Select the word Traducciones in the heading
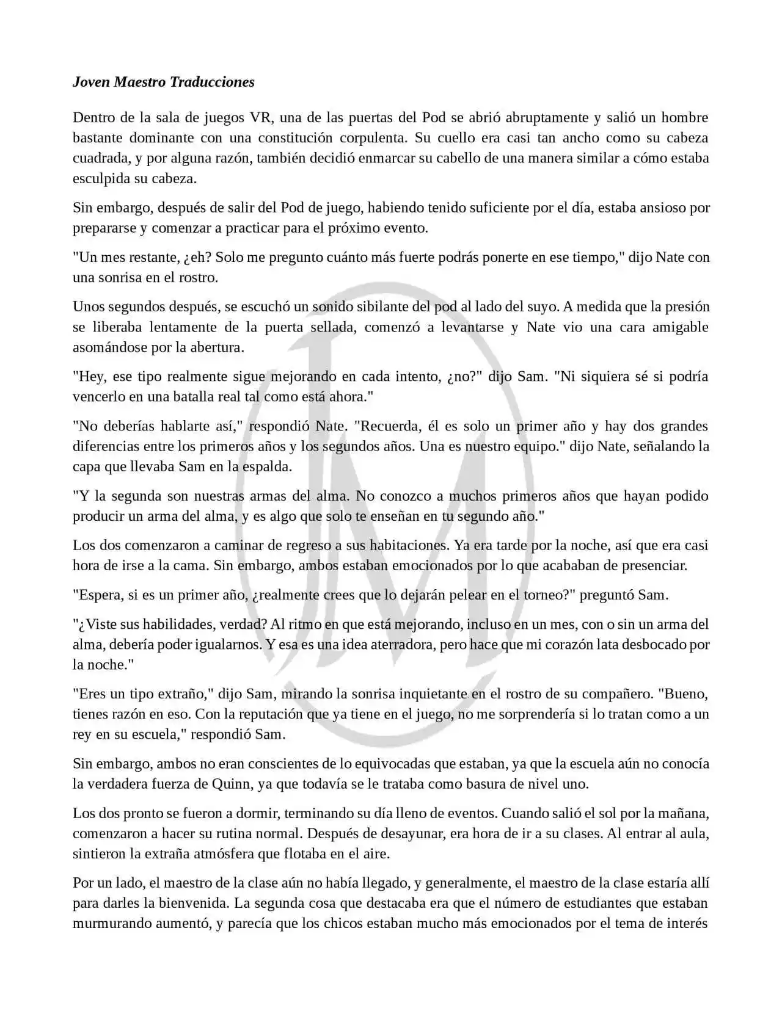(212, 82)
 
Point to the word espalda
(268, 466)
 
